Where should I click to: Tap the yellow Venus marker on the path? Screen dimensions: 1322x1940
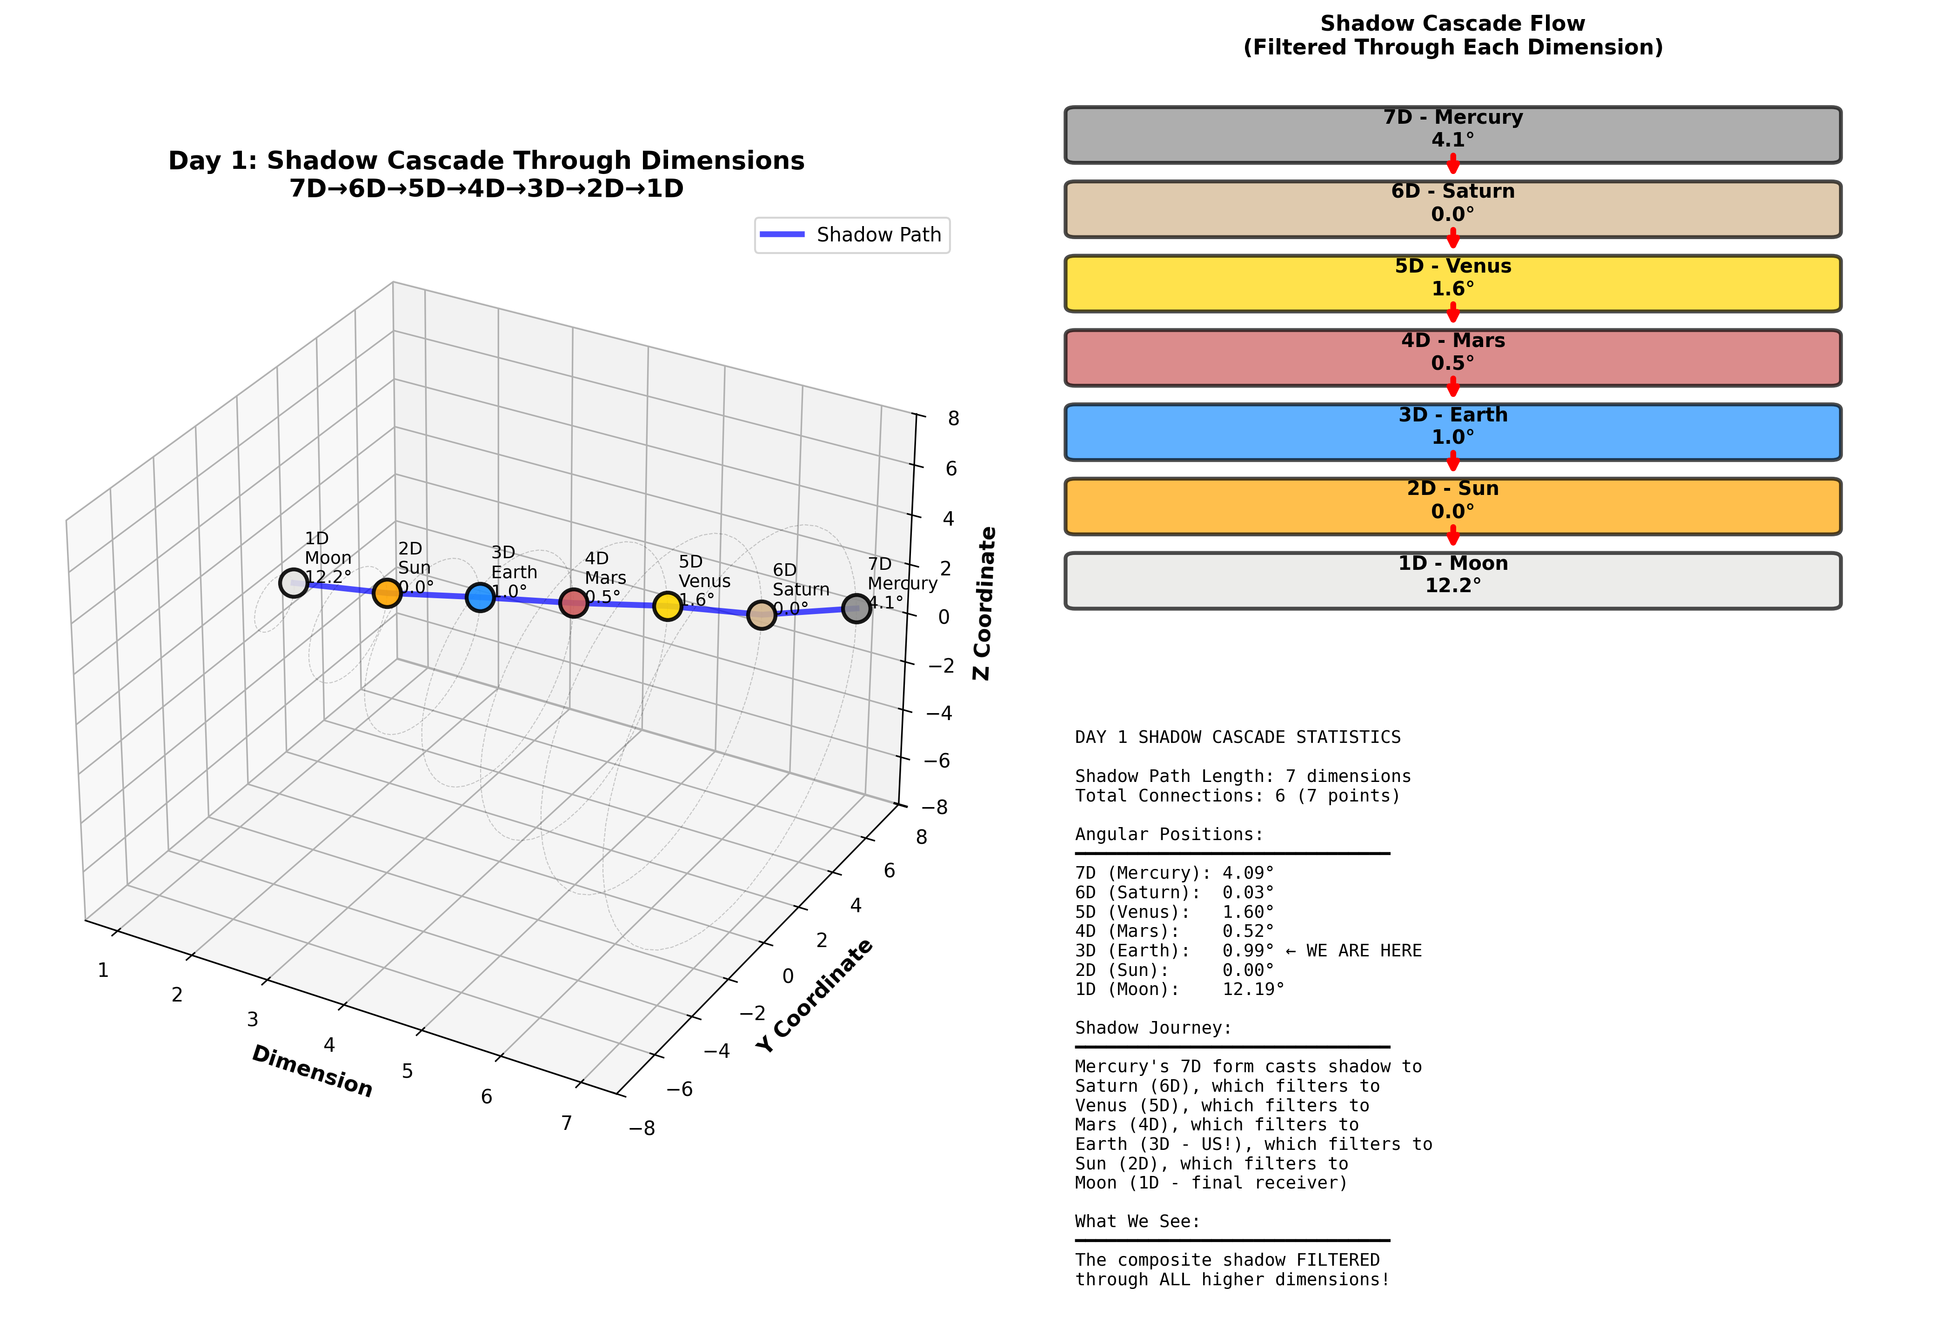point(667,606)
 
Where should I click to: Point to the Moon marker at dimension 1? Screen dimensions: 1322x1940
point(293,582)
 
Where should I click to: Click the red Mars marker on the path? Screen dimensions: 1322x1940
point(574,602)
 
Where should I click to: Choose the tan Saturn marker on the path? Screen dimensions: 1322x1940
point(761,614)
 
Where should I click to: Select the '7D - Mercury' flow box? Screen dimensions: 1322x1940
point(1452,135)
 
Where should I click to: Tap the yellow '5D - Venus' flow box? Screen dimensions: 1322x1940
point(1452,284)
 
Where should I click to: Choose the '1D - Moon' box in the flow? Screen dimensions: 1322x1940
point(1452,581)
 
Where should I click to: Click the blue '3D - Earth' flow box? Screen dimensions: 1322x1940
point(1452,432)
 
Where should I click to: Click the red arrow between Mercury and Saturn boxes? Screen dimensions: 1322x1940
point(1452,164)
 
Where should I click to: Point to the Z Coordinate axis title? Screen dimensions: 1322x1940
point(985,602)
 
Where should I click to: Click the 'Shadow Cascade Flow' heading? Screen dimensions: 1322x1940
point(1452,23)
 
